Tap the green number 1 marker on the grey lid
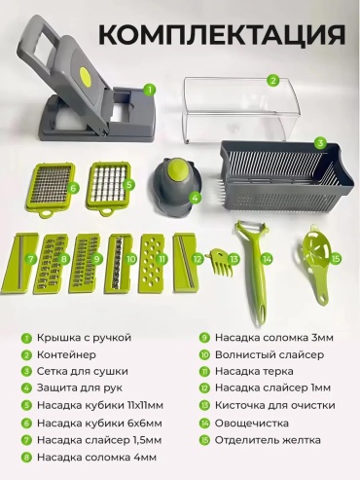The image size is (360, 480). [149, 90]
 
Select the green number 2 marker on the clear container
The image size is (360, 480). [273, 80]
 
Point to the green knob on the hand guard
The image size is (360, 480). [177, 166]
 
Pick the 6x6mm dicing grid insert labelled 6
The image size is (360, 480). [51, 189]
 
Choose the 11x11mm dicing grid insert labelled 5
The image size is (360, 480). [109, 188]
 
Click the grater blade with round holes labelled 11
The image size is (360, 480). [152, 264]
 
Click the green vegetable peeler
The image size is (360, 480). [256, 272]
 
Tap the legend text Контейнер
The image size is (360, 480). [66, 354]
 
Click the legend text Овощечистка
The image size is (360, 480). [252, 423]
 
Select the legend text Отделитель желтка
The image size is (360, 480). [268, 440]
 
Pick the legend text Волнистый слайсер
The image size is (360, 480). [270, 354]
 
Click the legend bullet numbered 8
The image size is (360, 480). [26, 458]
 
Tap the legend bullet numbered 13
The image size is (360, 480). [204, 406]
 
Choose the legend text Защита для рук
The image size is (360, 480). [80, 388]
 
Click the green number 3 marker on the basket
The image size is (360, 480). [320, 143]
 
